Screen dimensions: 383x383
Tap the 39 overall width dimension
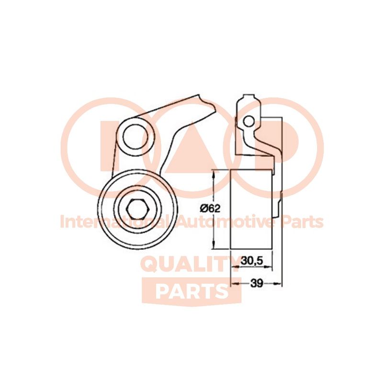pos(257,283)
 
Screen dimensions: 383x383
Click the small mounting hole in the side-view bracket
pos(248,122)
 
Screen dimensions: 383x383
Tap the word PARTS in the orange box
pos(191,291)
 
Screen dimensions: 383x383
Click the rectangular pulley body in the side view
pos(252,209)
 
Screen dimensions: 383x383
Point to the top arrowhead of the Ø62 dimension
pos(214,173)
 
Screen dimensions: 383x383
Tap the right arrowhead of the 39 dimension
pos(280,283)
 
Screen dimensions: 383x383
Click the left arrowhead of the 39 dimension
pos(234,283)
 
